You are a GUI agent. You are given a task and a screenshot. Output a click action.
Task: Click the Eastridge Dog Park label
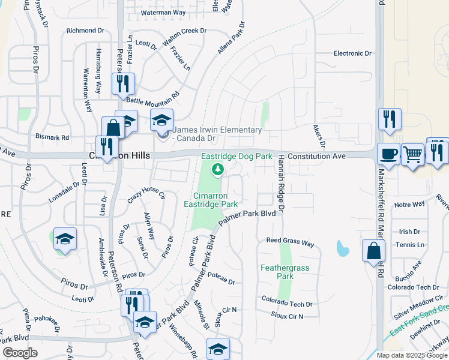tap(237, 156)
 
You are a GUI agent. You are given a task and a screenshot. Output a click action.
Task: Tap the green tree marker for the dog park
tap(218, 170)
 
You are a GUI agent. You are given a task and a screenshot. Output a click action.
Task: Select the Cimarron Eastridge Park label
tap(215, 200)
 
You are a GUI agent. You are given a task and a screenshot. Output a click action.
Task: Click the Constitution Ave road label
tap(316, 156)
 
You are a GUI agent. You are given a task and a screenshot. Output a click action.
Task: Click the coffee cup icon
tap(388, 154)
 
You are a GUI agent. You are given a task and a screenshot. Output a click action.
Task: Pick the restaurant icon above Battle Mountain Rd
tap(124, 83)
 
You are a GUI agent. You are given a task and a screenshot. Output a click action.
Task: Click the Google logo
tap(20, 353)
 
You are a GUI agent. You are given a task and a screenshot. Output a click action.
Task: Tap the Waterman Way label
tap(163, 12)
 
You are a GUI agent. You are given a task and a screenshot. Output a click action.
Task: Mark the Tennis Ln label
tap(410, 245)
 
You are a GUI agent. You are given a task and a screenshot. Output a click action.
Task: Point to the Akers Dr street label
tap(318, 136)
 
